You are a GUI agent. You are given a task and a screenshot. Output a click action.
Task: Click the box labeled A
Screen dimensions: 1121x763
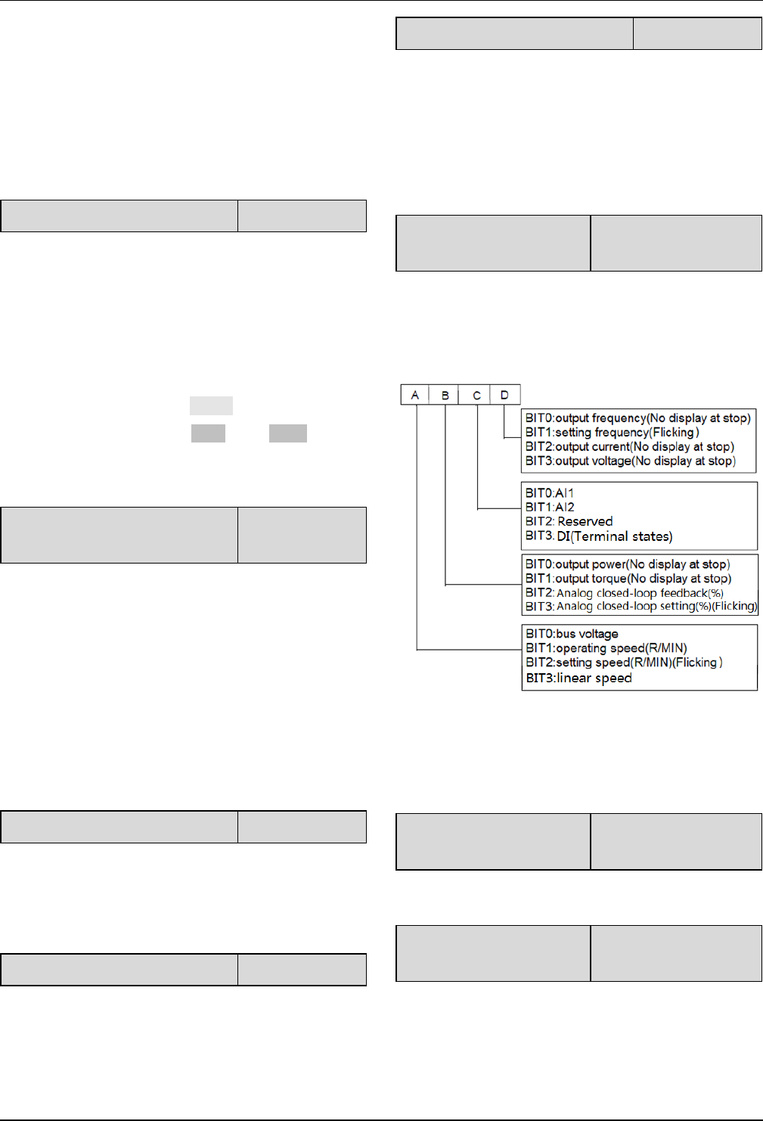pyautogui.click(x=415, y=395)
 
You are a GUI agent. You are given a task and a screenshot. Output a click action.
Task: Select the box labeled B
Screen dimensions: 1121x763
pyautogui.click(x=445, y=395)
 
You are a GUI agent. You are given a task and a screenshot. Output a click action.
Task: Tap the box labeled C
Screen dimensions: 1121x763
pyautogui.click(x=476, y=395)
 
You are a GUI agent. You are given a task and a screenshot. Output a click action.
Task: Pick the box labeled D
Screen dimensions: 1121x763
pyautogui.click(x=505, y=395)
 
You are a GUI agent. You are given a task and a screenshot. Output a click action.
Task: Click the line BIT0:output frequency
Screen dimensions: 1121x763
pyautogui.click(x=637, y=418)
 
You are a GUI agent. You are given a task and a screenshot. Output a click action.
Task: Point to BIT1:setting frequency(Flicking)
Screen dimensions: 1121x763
pyautogui.click(x=612, y=433)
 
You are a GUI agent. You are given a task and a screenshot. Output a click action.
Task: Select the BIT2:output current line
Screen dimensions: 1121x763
pyautogui.click(x=629, y=447)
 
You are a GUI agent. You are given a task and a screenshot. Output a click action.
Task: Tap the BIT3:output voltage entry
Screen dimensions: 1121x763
pyautogui.click(x=630, y=461)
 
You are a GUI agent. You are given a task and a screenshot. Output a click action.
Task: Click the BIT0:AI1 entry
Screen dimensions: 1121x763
pyautogui.click(x=550, y=493)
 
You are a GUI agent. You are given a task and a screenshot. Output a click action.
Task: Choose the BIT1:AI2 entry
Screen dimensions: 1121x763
pyautogui.click(x=550, y=508)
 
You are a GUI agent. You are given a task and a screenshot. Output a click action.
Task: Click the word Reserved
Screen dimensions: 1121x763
pyautogui.click(x=585, y=522)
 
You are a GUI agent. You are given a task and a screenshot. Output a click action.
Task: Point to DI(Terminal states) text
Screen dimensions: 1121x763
pyautogui.click(x=614, y=537)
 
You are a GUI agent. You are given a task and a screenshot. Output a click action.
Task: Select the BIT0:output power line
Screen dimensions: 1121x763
pyautogui.click(x=627, y=564)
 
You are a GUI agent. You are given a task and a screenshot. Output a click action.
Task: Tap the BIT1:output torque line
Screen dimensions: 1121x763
pyautogui.click(x=628, y=579)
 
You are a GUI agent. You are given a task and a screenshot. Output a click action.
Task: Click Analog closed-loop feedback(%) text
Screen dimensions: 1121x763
pyautogui.click(x=640, y=593)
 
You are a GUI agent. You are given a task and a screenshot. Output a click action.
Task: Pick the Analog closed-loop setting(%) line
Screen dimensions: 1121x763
pyautogui.click(x=656, y=607)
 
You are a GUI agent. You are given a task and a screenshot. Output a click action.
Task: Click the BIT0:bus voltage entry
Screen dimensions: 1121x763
pyautogui.click(x=572, y=634)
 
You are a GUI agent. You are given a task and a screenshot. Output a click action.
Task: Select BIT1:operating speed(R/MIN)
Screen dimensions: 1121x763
pyautogui.click(x=606, y=648)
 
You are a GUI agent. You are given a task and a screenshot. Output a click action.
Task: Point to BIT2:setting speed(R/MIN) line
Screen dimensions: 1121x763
pyautogui.click(x=624, y=663)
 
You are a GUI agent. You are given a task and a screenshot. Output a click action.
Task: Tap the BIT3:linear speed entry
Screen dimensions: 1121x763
pyautogui.click(x=578, y=678)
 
